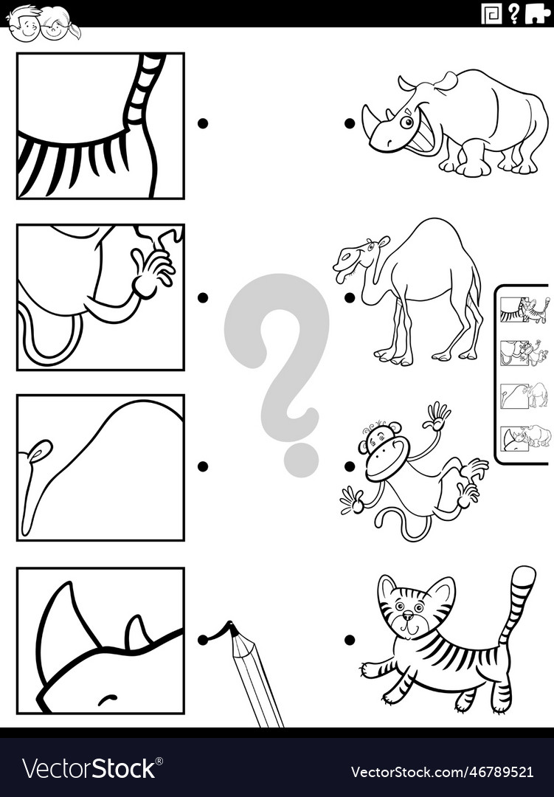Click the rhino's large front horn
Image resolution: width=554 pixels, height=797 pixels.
point(370,118)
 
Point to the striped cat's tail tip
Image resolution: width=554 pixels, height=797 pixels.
point(524,574)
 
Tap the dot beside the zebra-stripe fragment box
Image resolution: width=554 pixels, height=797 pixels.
point(202,123)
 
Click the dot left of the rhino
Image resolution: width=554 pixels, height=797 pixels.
point(349,123)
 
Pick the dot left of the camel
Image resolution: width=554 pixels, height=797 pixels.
point(349,297)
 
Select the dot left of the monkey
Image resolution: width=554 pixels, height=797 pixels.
point(349,466)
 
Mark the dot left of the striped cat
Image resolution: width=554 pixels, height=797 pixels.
point(349,640)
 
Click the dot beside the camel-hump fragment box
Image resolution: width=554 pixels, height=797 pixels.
point(202,466)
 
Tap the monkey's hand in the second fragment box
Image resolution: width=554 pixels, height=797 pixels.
point(151,269)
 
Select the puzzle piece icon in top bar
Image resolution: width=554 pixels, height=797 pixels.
point(536,13)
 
